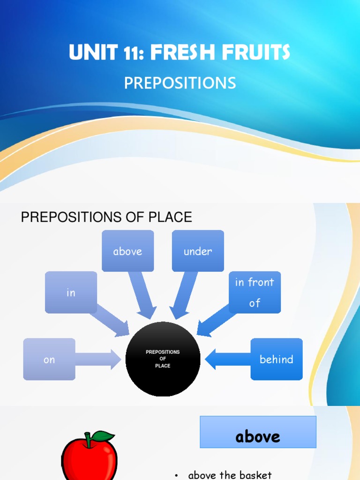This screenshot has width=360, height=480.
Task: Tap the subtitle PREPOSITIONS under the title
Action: [x=180, y=83]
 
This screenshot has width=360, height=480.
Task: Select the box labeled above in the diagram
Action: [x=127, y=251]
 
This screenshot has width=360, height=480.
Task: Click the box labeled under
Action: [x=198, y=251]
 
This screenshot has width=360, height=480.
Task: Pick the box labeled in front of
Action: [x=255, y=292]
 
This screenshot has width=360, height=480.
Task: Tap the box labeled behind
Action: [x=277, y=359]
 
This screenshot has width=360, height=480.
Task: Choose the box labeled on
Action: [x=49, y=359]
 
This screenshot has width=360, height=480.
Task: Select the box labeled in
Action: [x=71, y=292]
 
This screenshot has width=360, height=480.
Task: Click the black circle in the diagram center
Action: [x=163, y=359]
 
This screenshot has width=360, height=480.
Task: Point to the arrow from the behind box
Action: [x=228, y=359]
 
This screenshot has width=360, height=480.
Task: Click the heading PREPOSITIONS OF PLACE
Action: [x=106, y=217]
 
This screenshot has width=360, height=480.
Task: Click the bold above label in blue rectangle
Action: [x=258, y=436]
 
